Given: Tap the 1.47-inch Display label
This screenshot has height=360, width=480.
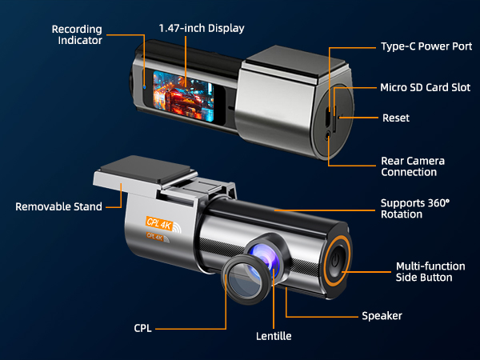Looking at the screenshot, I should [201, 29].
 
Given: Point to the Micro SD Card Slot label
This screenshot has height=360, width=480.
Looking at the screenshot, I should [425, 86].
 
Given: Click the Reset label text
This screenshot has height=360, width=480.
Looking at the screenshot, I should [396, 118].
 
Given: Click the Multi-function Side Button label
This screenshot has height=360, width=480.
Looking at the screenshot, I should [424, 271].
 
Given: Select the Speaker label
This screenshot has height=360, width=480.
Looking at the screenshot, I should [382, 316].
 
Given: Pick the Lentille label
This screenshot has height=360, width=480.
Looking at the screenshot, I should [273, 336].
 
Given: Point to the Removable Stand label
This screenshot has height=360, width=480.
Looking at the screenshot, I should [59, 206].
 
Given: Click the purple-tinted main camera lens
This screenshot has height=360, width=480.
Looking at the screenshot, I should [264, 254].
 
